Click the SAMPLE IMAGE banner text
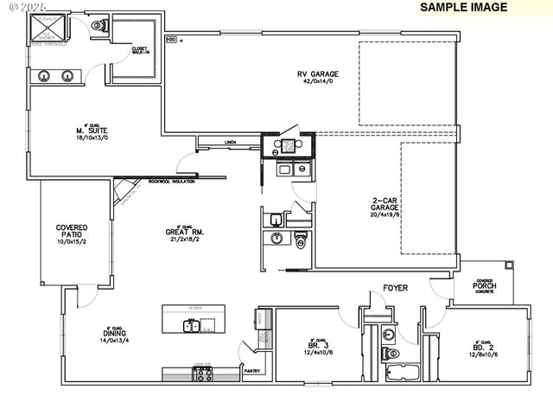(462, 8)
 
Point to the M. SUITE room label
(91, 132)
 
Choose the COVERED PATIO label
(72, 233)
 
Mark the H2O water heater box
(171, 40)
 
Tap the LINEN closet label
(229, 142)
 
